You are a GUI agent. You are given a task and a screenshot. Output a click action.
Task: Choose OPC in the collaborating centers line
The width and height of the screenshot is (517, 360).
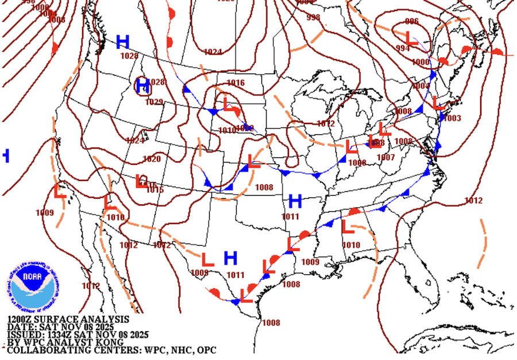(206, 350)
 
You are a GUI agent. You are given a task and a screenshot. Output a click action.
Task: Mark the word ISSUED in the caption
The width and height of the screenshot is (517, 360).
(23, 335)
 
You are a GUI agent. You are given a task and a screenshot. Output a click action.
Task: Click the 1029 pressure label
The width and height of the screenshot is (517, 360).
(154, 102)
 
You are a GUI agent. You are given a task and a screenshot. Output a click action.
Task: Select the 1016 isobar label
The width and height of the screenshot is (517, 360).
(236, 83)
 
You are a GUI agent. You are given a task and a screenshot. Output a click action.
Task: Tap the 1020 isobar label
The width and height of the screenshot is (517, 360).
(152, 159)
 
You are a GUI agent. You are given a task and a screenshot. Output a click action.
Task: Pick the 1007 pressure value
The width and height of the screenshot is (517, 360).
(385, 157)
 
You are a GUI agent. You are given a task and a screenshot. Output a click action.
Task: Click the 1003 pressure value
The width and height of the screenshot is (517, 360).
(452, 118)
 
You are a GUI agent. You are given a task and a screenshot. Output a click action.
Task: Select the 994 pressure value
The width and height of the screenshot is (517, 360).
(403, 48)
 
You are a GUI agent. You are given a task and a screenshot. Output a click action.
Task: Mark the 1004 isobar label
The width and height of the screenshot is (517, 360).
(421, 86)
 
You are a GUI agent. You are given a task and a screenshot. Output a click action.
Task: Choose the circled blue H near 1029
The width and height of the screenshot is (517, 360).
(143, 86)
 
